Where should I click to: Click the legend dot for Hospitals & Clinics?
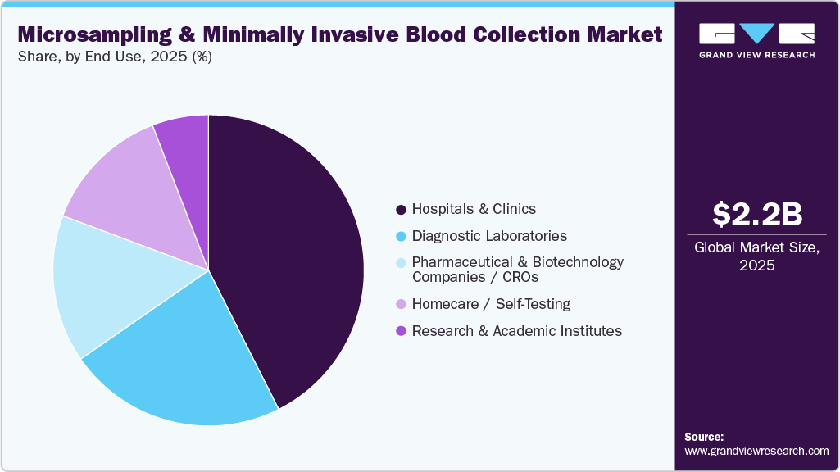[x=401, y=210]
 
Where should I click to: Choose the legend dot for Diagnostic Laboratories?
[x=401, y=236]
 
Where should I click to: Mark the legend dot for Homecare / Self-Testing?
[x=401, y=304]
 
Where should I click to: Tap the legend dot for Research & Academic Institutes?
[x=401, y=331]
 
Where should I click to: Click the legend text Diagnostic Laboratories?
[x=489, y=236]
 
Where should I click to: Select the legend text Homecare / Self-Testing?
[x=491, y=304]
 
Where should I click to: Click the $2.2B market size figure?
[x=756, y=214]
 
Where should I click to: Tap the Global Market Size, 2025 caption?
[x=756, y=256]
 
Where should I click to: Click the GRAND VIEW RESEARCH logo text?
[x=756, y=55]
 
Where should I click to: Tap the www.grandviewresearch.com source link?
[x=756, y=451]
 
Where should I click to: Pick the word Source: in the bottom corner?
[x=704, y=437]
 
